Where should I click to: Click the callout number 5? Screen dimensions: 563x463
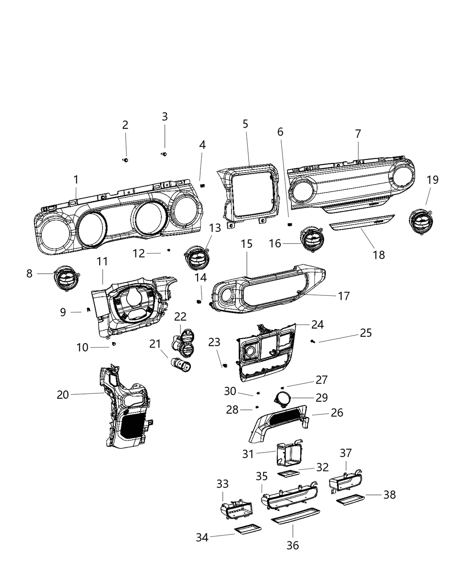click(246, 124)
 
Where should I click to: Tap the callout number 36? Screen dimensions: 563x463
click(292, 545)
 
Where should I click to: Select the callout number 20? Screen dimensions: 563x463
click(63, 394)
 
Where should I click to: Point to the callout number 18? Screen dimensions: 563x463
click(379, 255)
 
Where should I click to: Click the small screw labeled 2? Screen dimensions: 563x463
click(126, 160)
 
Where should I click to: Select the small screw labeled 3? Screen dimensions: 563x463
click(164, 154)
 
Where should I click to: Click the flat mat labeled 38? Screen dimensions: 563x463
click(350, 500)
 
